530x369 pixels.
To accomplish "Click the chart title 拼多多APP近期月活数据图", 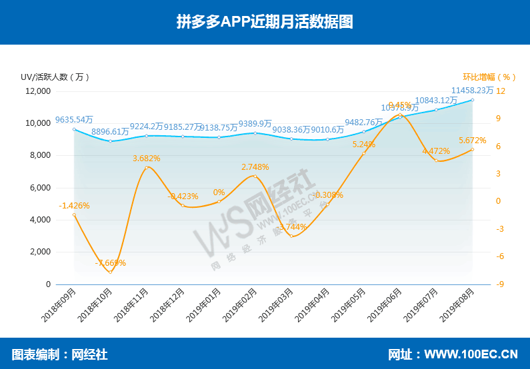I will point(265,21).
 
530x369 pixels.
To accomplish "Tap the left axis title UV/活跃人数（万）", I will point(55,77).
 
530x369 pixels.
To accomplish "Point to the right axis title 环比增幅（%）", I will point(490,77).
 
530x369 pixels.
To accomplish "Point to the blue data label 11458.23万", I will point(472,90).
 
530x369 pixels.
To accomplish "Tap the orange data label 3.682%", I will point(146,158).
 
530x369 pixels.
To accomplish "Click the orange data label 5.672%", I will point(472,141).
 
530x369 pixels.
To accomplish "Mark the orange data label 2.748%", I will point(255,167).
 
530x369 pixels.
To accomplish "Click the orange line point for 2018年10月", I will point(111,272).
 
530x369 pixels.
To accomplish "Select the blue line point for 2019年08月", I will point(473,100).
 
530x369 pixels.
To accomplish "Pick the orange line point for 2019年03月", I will point(291,236).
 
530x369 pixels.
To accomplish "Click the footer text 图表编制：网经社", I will point(59,354).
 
